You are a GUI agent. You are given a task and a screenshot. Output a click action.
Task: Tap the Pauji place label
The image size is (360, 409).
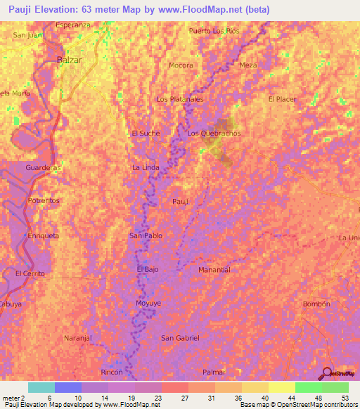(181, 202)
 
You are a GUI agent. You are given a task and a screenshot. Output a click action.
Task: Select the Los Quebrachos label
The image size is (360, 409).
(214, 134)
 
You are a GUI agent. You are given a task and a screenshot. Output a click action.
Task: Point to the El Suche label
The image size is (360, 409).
(146, 134)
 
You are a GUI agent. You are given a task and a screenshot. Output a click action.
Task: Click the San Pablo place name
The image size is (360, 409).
(145, 235)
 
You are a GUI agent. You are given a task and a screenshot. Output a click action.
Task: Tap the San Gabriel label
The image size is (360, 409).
(181, 338)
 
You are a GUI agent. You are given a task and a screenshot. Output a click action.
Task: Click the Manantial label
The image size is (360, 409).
(214, 270)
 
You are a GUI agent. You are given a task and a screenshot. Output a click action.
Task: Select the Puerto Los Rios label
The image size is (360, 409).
(214, 31)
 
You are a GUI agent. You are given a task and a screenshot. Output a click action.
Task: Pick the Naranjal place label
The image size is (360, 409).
(79, 338)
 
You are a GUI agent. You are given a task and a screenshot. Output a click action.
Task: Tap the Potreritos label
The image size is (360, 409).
(44, 201)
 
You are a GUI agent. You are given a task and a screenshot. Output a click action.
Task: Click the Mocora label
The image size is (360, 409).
(181, 65)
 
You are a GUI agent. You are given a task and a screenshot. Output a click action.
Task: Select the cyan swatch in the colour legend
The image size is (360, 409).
(41, 387)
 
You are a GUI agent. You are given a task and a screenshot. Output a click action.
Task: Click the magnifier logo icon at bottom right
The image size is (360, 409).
(326, 372)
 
